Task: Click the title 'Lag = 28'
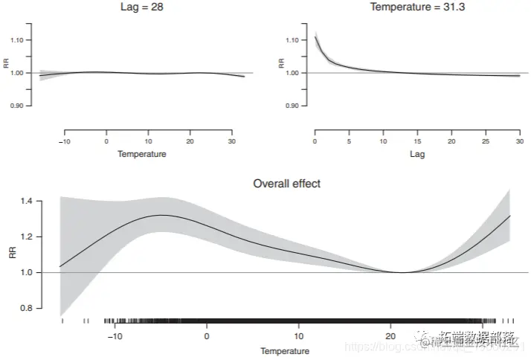pyautogui.click(x=141, y=7)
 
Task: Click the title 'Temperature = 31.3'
pyautogui.click(x=417, y=7)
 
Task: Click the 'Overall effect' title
pyautogui.click(x=286, y=183)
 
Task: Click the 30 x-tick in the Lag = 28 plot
pyautogui.click(x=233, y=141)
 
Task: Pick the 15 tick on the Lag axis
pyautogui.click(x=417, y=141)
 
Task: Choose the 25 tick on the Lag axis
pyautogui.click(x=486, y=141)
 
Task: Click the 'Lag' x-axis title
pyautogui.click(x=417, y=155)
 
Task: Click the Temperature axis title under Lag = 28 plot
pyautogui.click(x=141, y=155)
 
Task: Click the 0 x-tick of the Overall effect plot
pyautogui.click(x=207, y=336)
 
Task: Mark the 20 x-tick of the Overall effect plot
pyautogui.click(x=391, y=336)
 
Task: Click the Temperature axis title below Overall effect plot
pyautogui.click(x=285, y=350)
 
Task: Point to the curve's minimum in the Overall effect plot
pyautogui.click(x=402, y=272)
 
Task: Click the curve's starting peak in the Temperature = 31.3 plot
pyautogui.click(x=316, y=36)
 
